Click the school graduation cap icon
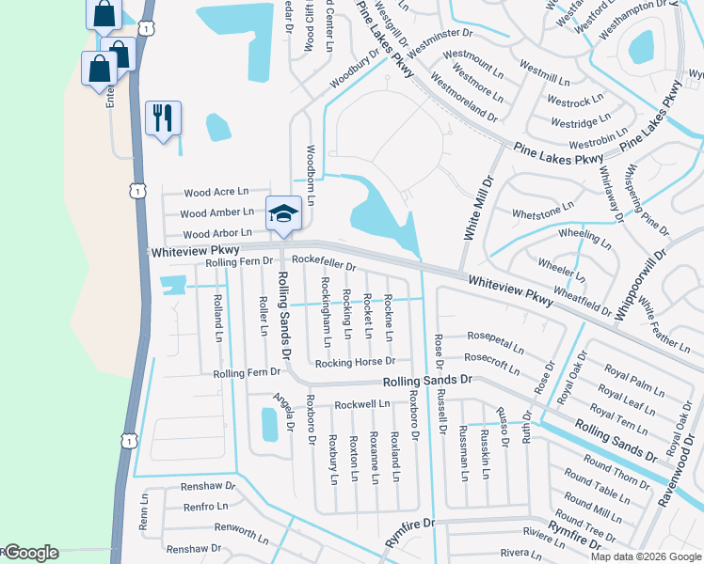[x=283, y=213]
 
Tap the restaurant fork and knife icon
[x=163, y=118]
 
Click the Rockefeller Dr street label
[x=324, y=263]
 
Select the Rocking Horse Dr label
[x=357, y=361]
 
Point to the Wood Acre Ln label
[x=216, y=192]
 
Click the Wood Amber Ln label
[x=218, y=212]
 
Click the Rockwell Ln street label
[x=362, y=404]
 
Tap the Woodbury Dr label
[x=355, y=69]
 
